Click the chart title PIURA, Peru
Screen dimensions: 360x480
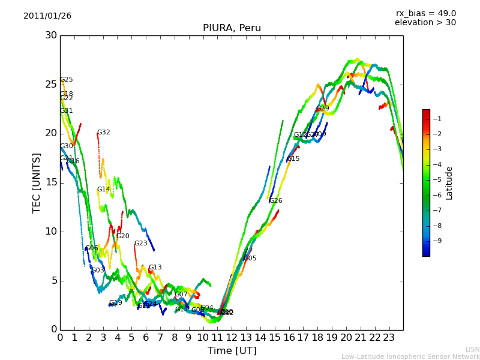pyautogui.click(x=232, y=28)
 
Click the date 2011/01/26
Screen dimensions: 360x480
pyautogui.click(x=47, y=16)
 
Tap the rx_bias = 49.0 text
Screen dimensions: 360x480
pyautogui.click(x=425, y=14)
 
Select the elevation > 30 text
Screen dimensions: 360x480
pyautogui.click(x=425, y=23)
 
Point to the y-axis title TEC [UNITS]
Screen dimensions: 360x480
pyautogui.click(x=37, y=182)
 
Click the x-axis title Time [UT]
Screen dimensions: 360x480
pyautogui.click(x=232, y=351)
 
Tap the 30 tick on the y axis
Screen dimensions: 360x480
pyautogui.click(x=50, y=35)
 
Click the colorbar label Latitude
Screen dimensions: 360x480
pyautogui.click(x=449, y=183)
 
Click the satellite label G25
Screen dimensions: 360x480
pyautogui.click(x=67, y=80)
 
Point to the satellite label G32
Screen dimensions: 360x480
pyautogui.click(x=104, y=133)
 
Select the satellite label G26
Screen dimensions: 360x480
pyautogui.click(x=276, y=201)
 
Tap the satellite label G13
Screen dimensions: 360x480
pyautogui.click(x=155, y=268)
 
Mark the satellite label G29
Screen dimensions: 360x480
pyautogui.click(x=323, y=109)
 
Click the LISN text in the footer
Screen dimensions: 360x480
pyautogui.click(x=472, y=349)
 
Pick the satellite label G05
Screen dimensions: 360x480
pyautogui.click(x=250, y=259)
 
